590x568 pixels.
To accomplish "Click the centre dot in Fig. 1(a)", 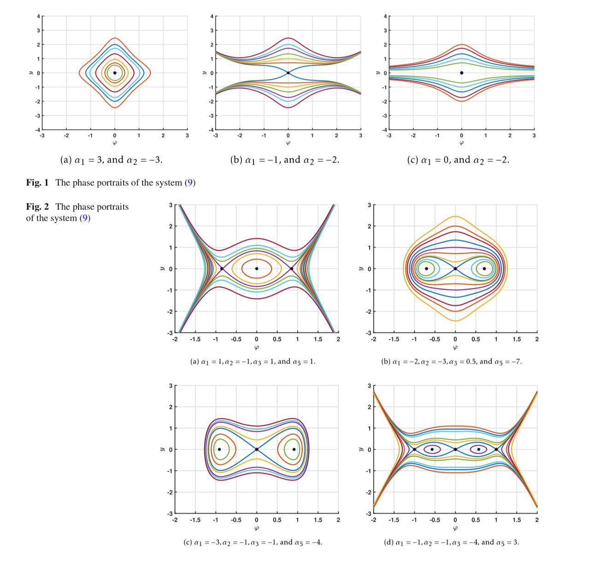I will (115, 73).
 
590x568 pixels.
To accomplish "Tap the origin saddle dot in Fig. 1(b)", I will (288, 73).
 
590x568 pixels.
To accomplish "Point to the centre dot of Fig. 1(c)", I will (461, 73).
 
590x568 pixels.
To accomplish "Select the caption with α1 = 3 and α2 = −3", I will (112, 160).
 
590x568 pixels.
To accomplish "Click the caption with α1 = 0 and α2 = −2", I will (458, 160).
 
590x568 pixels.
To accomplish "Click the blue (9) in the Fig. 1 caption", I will (190, 183).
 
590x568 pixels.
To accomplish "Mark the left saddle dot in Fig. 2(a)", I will (222, 269).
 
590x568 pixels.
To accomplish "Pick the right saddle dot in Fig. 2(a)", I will (292, 269).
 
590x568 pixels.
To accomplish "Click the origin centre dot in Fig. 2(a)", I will (257, 269).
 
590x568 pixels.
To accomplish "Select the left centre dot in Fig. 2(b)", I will (426, 269).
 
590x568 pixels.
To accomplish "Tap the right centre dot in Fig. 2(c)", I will (294, 449).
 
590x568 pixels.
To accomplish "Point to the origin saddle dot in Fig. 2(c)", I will (257, 449).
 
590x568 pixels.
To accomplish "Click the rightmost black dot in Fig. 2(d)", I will (496, 449).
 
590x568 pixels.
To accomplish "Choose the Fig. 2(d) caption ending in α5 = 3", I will (451, 542).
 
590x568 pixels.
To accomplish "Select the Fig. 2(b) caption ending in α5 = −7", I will (451, 361).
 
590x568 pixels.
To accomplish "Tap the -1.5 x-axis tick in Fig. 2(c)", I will (195, 520).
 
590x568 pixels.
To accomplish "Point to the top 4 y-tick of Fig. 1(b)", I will (212, 17).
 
